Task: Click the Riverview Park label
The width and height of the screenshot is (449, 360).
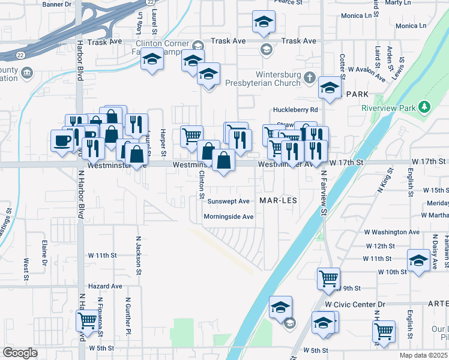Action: click(x=389, y=109)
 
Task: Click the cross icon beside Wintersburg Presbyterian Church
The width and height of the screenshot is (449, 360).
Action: click(x=309, y=78)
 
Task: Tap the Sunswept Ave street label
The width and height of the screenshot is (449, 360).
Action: click(x=228, y=201)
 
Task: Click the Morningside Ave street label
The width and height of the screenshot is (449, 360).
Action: click(x=228, y=217)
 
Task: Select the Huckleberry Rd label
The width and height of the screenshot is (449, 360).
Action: click(x=295, y=110)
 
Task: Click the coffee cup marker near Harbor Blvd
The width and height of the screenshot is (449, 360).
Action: click(x=63, y=140)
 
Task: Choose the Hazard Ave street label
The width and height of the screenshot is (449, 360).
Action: click(x=105, y=287)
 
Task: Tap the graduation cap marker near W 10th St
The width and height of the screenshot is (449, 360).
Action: click(x=418, y=260)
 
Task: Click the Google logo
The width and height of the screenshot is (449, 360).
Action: click(x=20, y=353)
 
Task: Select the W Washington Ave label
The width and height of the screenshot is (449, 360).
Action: click(x=392, y=232)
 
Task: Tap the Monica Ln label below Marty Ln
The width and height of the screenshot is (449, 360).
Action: click(x=411, y=26)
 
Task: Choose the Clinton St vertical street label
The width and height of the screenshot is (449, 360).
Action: click(x=202, y=184)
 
